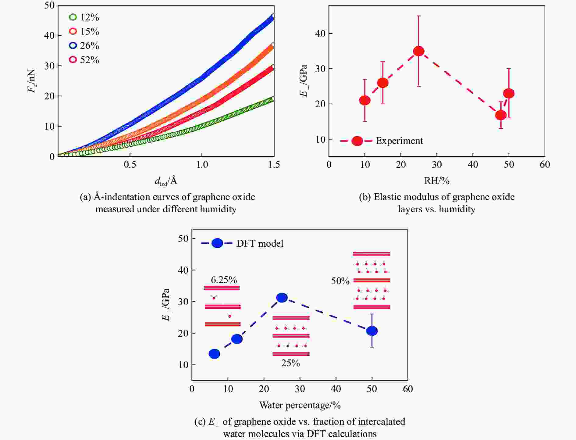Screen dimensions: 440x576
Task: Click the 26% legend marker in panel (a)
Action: (73, 45)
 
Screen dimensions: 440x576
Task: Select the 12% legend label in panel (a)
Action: (90, 17)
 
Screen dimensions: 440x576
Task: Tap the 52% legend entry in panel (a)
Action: (84, 60)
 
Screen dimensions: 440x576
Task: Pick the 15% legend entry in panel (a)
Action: (84, 31)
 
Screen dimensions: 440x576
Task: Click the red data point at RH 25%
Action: (419, 51)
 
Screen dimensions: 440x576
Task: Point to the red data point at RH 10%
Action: (365, 100)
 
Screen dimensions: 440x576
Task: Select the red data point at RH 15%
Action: (383, 83)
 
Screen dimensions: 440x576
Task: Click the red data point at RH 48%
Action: (501, 115)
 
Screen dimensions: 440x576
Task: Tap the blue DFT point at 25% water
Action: (282, 298)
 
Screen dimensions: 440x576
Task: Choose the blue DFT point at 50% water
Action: (372, 331)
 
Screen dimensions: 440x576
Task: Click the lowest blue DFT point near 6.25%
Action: (214, 354)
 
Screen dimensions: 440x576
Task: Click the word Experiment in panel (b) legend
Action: (399, 141)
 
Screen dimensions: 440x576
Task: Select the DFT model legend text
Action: (260, 243)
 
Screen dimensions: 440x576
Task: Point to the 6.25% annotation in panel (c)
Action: (224, 280)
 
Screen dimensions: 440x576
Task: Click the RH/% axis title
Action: (437, 181)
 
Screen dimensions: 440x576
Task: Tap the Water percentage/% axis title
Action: (300, 405)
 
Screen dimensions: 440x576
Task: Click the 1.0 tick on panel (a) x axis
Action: (202, 165)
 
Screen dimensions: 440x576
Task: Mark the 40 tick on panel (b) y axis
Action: (320, 34)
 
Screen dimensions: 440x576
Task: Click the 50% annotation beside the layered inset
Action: (340, 281)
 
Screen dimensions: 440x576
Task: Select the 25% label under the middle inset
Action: (290, 363)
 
